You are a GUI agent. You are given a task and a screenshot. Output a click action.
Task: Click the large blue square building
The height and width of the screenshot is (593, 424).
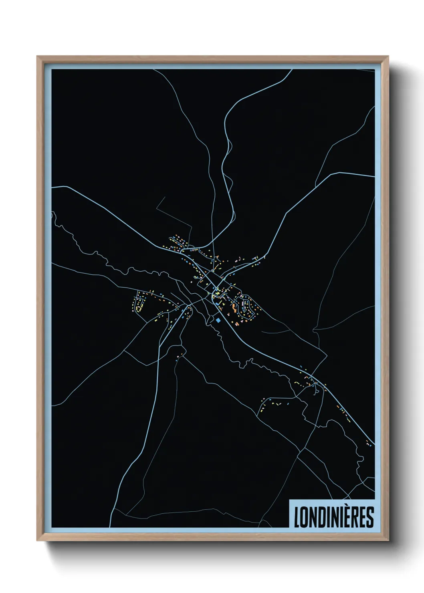point(218,320)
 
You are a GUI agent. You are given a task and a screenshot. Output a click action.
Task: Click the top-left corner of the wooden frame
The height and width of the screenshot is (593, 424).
point(38,56)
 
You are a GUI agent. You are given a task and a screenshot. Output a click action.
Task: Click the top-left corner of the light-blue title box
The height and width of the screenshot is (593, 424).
point(289,500)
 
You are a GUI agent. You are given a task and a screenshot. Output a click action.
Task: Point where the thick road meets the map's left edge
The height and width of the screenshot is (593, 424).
point(52,187)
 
